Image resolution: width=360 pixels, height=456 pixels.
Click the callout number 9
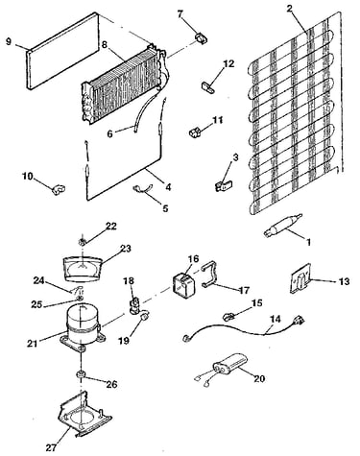pyautogui.click(x=9, y=41)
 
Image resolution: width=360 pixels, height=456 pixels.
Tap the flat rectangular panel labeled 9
pyautogui.click(x=62, y=51)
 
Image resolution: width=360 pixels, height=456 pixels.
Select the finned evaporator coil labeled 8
pyautogui.click(x=123, y=84)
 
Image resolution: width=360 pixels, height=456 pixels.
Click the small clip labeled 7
pyautogui.click(x=201, y=37)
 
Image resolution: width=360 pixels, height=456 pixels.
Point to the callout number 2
pyautogui.click(x=289, y=9)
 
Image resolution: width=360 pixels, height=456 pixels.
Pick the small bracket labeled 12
pyautogui.click(x=208, y=86)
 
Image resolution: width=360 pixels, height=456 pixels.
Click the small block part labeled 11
pyautogui.click(x=195, y=132)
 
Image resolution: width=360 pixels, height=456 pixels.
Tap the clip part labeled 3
pyautogui.click(x=224, y=186)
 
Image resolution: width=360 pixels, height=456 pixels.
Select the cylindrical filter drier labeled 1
pyautogui.click(x=282, y=226)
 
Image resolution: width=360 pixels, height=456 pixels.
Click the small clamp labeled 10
pyautogui.click(x=58, y=189)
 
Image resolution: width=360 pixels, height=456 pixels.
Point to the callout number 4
pyautogui.click(x=168, y=187)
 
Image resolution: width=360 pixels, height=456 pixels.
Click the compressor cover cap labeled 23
pyautogui.click(x=82, y=269)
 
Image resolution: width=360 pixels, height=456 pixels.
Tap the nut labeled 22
pyautogui.click(x=82, y=242)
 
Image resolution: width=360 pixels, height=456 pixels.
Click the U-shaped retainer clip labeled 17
pyautogui.click(x=211, y=275)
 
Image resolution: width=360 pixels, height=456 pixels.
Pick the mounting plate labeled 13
pyautogui.click(x=300, y=278)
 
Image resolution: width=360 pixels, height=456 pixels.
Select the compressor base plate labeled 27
pyautogui.click(x=84, y=415)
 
